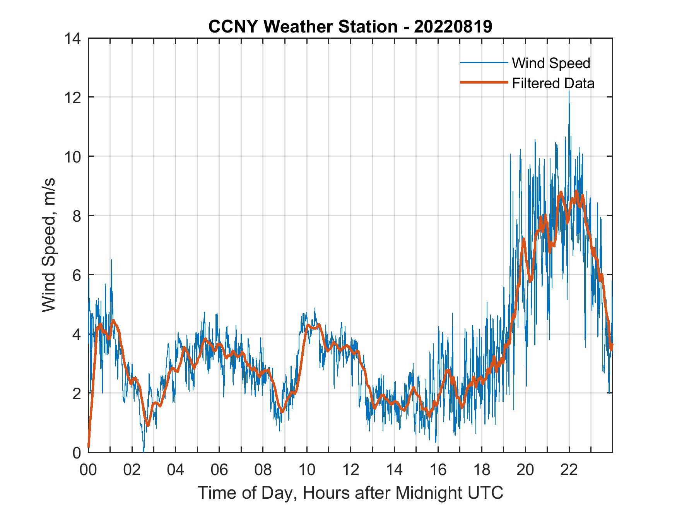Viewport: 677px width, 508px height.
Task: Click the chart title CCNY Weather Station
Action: (x=303, y=27)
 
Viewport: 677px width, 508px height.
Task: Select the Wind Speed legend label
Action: (x=551, y=63)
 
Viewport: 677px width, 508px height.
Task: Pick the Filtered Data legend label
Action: (x=553, y=83)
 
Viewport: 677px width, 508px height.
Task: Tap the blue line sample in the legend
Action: (x=484, y=63)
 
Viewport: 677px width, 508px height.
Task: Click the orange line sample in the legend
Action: (x=484, y=83)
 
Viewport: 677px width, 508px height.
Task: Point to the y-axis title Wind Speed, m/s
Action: (x=48, y=245)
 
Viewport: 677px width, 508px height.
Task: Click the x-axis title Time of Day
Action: (x=350, y=493)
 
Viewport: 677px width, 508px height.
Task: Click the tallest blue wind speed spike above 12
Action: (x=569, y=92)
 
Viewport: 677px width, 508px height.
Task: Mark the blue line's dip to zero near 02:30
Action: (x=144, y=451)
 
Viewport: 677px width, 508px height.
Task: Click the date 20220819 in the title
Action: (x=453, y=27)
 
